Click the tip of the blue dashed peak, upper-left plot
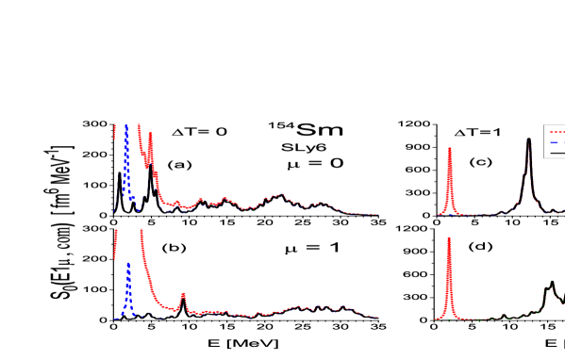[125, 126]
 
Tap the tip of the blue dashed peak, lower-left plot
[128, 264]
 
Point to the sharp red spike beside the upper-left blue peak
[150, 136]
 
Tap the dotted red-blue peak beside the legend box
[529, 147]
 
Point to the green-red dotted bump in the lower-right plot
[552, 285]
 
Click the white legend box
[555, 141]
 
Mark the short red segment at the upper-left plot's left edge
[115, 131]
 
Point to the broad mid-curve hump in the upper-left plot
[279, 196]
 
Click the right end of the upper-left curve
[376, 214]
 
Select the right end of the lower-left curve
[376, 317]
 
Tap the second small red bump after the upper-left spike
[200, 200]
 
